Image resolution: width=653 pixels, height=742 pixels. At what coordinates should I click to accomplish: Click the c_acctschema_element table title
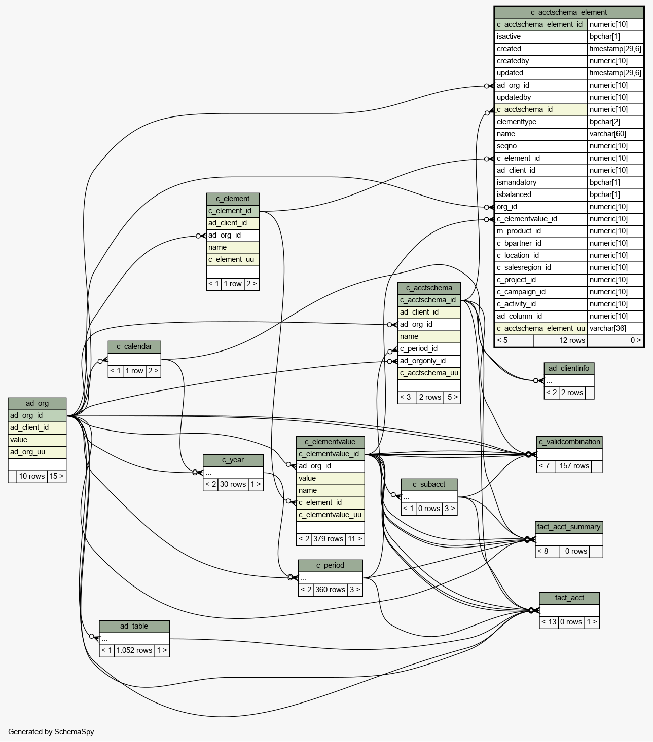coord(569,13)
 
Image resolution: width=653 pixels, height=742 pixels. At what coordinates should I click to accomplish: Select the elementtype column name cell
coord(541,122)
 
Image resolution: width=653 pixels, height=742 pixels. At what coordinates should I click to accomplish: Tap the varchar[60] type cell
coord(615,134)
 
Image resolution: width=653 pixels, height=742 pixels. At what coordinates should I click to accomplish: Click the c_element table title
coord(233,199)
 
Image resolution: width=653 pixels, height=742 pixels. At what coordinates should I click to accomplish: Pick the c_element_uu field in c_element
coord(233,260)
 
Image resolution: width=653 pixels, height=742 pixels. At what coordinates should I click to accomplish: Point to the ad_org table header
coord(37,404)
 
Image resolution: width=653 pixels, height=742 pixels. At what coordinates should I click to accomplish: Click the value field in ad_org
coord(37,440)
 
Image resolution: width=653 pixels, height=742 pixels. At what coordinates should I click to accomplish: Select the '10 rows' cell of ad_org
coord(32,477)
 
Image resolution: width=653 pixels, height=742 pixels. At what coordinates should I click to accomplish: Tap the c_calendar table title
coord(134,347)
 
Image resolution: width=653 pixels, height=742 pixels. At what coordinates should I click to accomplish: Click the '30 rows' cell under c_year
coord(233,485)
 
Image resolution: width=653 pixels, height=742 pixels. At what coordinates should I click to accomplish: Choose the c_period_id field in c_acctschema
coord(429,349)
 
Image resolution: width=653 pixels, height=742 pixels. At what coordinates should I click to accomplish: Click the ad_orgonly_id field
coord(429,361)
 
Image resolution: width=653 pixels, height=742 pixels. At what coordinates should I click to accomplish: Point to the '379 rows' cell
coord(328,539)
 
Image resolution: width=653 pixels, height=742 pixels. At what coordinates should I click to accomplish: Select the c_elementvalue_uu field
coord(331,515)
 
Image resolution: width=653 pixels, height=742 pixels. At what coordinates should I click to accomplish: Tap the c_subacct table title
coord(429,485)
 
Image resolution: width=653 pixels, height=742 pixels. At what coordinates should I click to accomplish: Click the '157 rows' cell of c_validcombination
coord(574,466)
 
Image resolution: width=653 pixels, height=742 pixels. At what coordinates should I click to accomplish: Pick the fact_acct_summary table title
coord(569,527)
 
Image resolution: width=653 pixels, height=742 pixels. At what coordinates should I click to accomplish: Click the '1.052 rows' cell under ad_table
coord(134,650)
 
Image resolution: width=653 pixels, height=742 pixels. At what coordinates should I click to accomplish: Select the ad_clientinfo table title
coord(569,368)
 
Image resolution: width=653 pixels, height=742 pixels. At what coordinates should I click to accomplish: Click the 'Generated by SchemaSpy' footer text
coord(51,732)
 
